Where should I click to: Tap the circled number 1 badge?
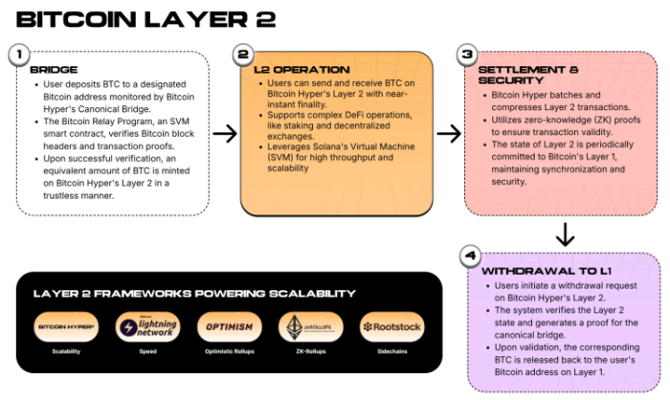pyautogui.click(x=18, y=55)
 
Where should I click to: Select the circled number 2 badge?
pyautogui.click(x=243, y=55)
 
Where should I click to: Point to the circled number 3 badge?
pyautogui.click(x=467, y=56)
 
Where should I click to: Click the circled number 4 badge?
pyautogui.click(x=469, y=256)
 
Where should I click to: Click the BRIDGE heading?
pyautogui.click(x=54, y=70)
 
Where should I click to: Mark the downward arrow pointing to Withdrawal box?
pyautogui.click(x=565, y=233)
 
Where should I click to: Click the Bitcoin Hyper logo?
pyautogui.click(x=65, y=327)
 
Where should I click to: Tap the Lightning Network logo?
pyautogui.click(x=145, y=327)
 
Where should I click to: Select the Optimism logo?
pyautogui.click(x=229, y=327)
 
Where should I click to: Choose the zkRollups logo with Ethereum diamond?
pyautogui.click(x=310, y=327)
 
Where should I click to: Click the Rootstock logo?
pyautogui.click(x=392, y=327)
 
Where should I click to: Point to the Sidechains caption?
pyautogui.click(x=392, y=352)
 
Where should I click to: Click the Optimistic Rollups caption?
pyautogui.click(x=229, y=352)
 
